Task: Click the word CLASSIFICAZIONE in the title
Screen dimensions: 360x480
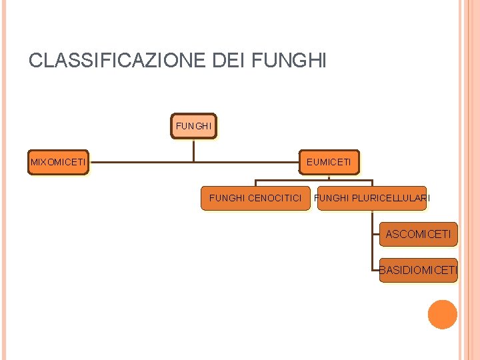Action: click(x=117, y=61)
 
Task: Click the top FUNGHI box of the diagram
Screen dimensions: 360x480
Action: click(x=193, y=125)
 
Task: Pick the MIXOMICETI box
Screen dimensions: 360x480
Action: click(x=58, y=162)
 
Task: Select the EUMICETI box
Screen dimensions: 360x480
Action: click(x=329, y=162)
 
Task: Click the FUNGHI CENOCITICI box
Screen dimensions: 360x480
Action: click(x=255, y=198)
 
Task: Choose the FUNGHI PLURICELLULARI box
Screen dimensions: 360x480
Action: click(x=372, y=198)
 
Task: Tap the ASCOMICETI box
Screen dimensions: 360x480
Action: click(x=418, y=234)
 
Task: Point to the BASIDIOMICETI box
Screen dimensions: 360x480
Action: click(x=418, y=270)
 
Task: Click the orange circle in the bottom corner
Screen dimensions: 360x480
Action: click(x=442, y=315)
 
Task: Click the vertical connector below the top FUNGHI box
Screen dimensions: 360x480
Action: click(x=193, y=149)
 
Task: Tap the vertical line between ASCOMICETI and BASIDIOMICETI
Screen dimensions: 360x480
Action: click(x=372, y=252)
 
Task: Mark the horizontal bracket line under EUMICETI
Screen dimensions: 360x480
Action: click(x=313, y=181)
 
